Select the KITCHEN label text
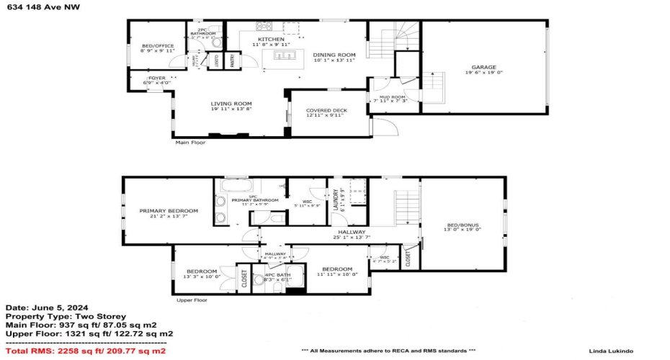point(272,39)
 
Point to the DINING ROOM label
point(334,55)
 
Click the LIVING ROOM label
point(231,104)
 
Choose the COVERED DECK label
point(326,110)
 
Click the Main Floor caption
point(192,143)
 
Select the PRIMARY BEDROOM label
point(169,211)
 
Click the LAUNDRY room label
point(336,200)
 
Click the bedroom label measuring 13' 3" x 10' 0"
point(202,271)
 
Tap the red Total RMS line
point(83,351)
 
